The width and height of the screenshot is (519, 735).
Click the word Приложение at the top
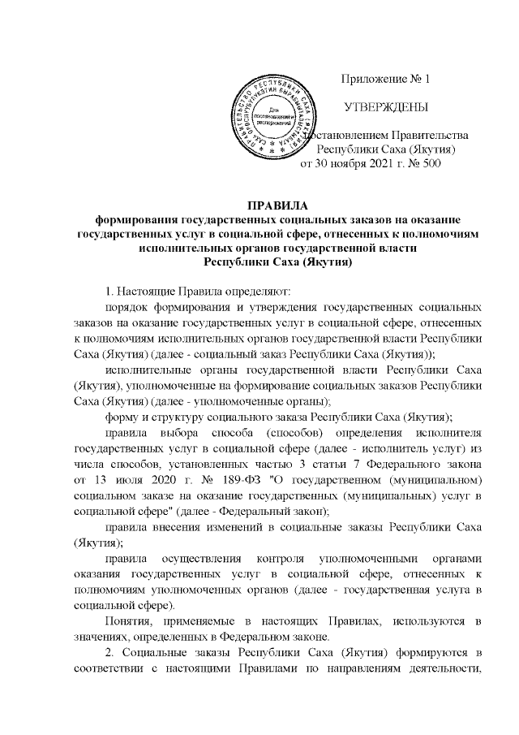(x=369, y=80)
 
